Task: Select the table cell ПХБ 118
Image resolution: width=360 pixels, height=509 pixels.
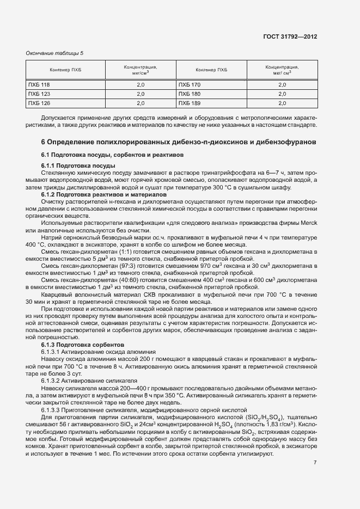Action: pyautogui.click(x=39, y=85)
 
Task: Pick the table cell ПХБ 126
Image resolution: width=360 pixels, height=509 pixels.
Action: pyautogui.click(x=39, y=103)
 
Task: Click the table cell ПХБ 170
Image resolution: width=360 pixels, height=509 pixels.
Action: pyautogui.click(x=190, y=85)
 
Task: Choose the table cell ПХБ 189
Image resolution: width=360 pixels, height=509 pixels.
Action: pyautogui.click(x=190, y=103)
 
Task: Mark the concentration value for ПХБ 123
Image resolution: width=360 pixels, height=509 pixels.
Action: pyautogui.click(x=140, y=94)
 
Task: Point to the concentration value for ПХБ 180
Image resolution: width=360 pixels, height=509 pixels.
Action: pyautogui.click(x=282, y=94)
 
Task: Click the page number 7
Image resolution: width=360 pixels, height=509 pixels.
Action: pyautogui.click(x=315, y=463)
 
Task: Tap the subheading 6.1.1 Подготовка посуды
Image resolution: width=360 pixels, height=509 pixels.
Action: pyautogui.click(x=78, y=165)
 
